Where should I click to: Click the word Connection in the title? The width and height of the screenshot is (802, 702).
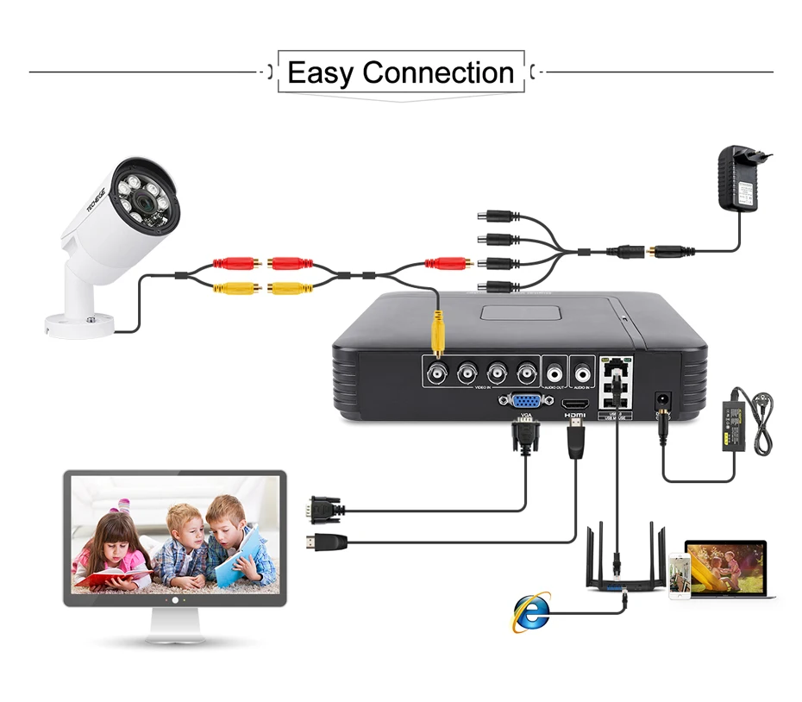[x=438, y=72]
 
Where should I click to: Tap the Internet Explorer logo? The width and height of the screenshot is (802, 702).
[x=532, y=612]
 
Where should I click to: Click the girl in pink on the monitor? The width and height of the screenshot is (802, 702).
[x=111, y=552]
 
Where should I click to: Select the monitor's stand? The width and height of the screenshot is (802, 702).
[x=175, y=627]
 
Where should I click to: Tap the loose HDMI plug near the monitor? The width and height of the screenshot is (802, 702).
[x=326, y=542]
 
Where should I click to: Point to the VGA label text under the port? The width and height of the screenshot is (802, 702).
[x=525, y=416]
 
